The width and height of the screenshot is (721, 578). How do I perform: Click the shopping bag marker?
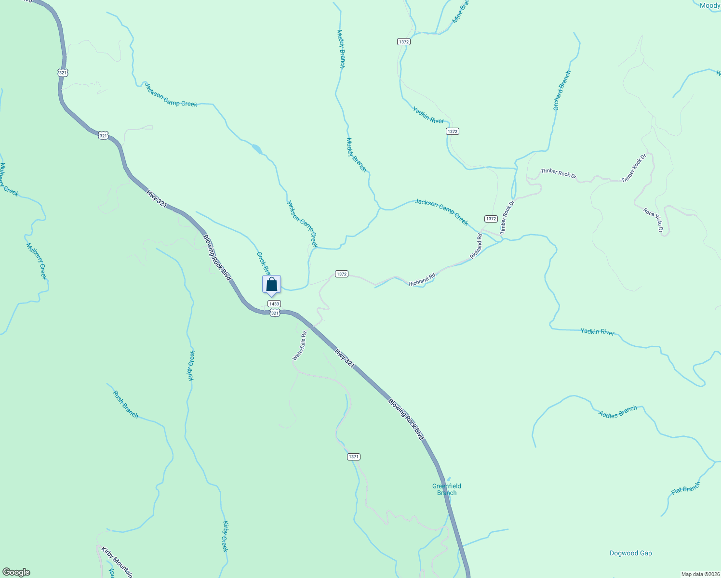tap(271, 285)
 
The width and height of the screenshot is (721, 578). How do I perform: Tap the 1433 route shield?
tap(274, 304)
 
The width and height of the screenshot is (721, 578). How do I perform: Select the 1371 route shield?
tap(353, 457)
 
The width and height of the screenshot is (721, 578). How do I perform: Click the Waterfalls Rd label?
tap(300, 346)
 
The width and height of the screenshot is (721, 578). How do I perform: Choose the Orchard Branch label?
tap(561, 91)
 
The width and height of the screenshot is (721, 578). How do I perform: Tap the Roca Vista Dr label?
tap(654, 220)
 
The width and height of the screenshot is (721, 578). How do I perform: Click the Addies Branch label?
tap(617, 412)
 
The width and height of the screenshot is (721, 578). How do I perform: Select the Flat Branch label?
tap(685, 489)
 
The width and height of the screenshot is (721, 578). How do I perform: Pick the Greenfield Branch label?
tap(447, 489)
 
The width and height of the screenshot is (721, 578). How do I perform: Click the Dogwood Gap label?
tap(630, 553)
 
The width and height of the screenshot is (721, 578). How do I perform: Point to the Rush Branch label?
tap(126, 405)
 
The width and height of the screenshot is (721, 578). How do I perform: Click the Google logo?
tap(16, 572)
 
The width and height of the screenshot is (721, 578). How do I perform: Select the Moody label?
tap(710, 5)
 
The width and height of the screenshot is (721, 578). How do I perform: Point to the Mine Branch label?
tap(460, 12)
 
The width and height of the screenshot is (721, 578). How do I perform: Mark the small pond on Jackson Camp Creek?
tap(257, 148)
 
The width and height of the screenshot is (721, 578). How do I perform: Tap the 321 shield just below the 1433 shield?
tap(275, 313)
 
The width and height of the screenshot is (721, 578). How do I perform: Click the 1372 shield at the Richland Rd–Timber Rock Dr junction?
tap(491, 219)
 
